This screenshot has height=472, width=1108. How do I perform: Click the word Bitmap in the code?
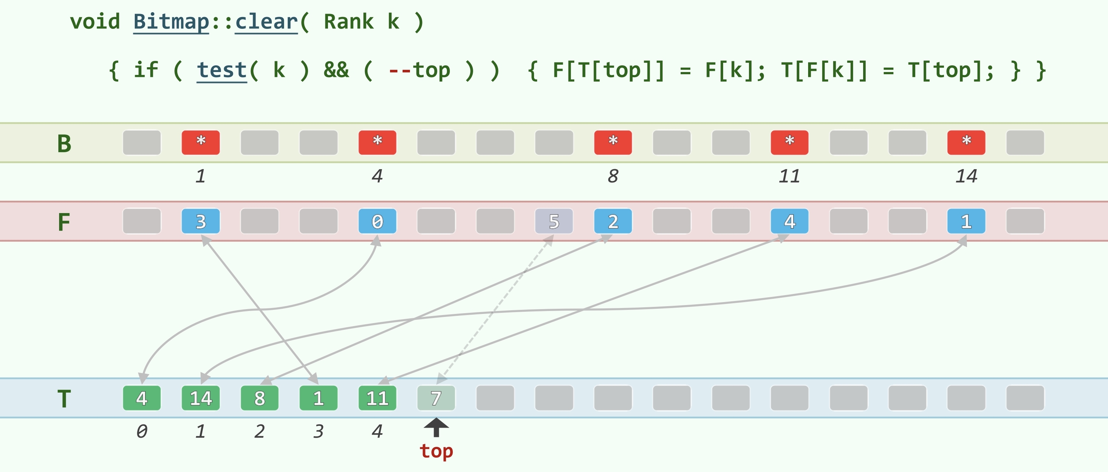(171, 21)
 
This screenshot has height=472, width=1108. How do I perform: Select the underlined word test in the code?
(222, 70)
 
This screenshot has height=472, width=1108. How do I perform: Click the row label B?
(64, 143)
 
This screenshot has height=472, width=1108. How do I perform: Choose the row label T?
(64, 399)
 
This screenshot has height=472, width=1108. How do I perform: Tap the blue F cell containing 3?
(201, 221)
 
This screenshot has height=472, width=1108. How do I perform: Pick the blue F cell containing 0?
(377, 221)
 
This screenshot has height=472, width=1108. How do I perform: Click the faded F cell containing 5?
(554, 221)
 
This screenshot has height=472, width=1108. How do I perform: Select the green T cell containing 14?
(201, 398)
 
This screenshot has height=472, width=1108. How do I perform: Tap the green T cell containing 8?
(259, 398)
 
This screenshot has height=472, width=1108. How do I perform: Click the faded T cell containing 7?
(436, 398)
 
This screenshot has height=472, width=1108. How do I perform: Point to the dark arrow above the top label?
(436, 427)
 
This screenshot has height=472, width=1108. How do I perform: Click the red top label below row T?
(436, 451)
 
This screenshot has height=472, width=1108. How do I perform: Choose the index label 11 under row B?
(789, 176)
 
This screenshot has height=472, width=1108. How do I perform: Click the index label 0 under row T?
(141, 431)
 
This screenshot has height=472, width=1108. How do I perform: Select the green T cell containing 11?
(377, 398)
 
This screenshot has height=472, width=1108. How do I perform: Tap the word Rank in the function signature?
(348, 21)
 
